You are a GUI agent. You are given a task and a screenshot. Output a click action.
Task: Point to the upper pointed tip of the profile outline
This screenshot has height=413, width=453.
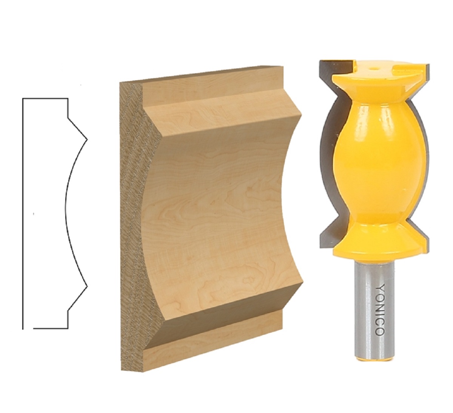pyautogui.click(x=88, y=139)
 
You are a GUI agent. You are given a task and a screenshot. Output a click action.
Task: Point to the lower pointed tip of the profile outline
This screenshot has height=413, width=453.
pyautogui.click(x=88, y=287)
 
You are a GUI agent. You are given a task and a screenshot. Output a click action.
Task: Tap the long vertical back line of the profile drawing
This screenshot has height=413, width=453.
pyautogui.click(x=23, y=213)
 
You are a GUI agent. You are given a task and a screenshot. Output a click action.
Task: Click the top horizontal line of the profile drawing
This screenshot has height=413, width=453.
pyautogui.click(x=45, y=98)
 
